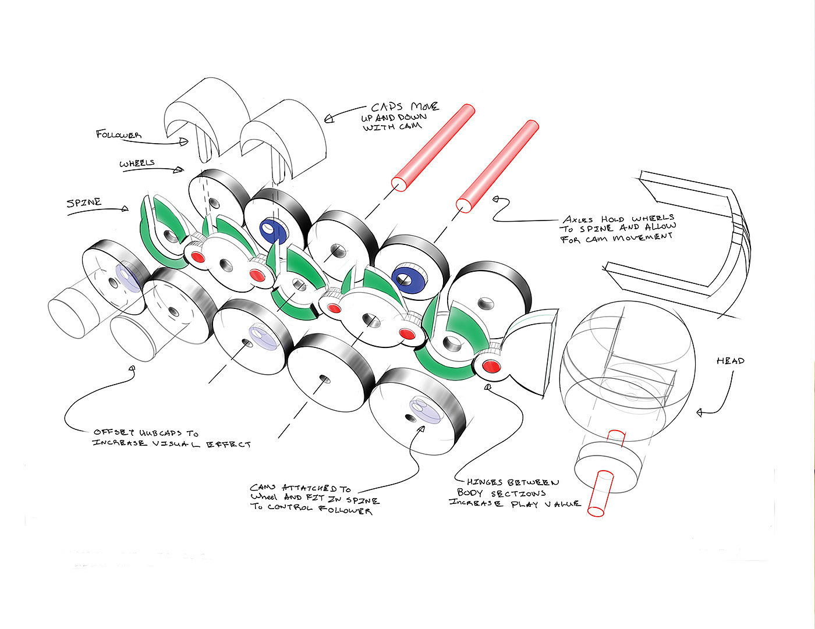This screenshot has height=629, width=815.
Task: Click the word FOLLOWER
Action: (x=119, y=134)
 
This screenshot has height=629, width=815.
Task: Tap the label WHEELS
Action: (x=137, y=164)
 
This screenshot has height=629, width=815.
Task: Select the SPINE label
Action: (x=84, y=202)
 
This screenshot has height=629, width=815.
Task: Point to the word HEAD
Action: (x=730, y=361)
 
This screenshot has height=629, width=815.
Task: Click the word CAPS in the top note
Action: (x=389, y=108)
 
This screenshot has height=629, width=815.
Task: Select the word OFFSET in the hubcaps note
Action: (x=112, y=432)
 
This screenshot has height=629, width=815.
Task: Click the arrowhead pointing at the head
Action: (x=700, y=413)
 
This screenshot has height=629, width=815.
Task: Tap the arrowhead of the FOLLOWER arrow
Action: (x=185, y=141)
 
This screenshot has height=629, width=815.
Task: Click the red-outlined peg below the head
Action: (x=600, y=493)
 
